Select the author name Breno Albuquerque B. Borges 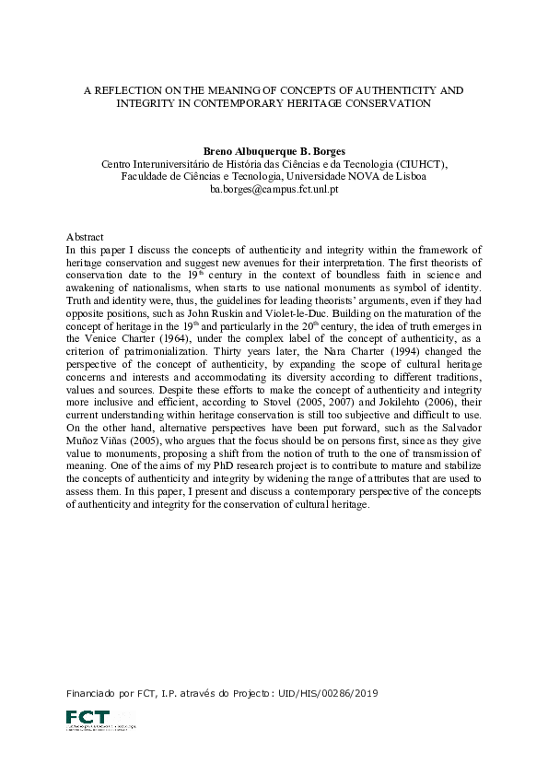(274, 150)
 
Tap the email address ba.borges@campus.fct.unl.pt (274, 189)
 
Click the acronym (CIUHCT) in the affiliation (413, 163)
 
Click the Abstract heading (85, 237)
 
